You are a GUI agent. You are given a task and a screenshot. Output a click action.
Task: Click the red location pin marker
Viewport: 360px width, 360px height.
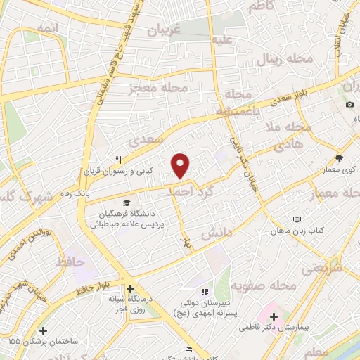pos(181,165)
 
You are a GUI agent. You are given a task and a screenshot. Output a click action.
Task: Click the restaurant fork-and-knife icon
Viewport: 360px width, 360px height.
pos(119,160)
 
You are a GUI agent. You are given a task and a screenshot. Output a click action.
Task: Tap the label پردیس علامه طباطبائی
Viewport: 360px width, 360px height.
pos(127,223)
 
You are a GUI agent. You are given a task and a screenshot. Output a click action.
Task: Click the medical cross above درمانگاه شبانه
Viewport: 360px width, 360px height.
pos(131,288)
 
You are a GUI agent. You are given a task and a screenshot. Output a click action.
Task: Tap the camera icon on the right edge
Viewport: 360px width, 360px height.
pos(350,105)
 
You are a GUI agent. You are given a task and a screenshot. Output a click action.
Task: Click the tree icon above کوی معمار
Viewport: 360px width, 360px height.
pos(340,158)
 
